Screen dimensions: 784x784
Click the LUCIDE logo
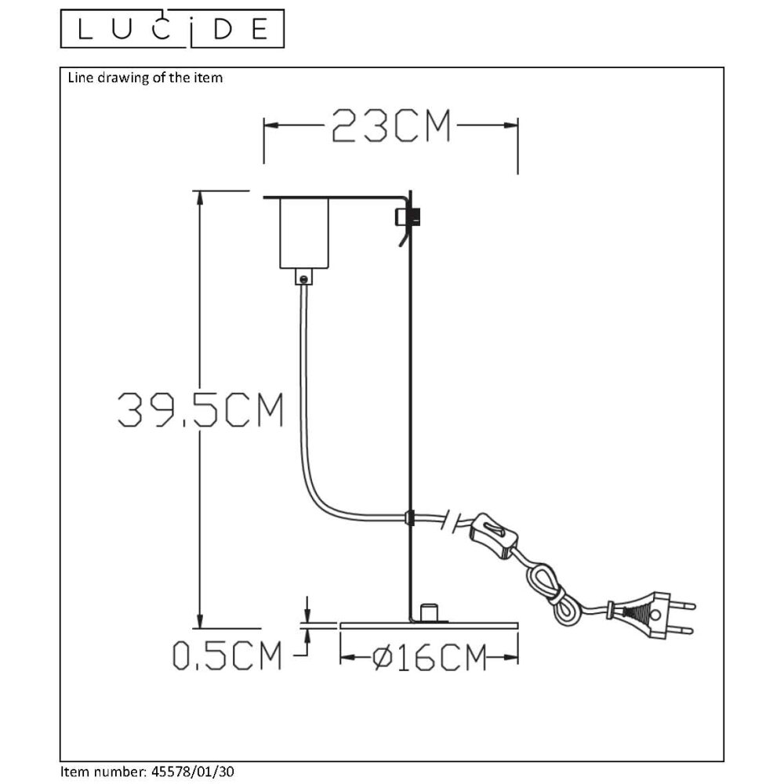coord(172,29)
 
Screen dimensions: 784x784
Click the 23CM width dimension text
coord(391,125)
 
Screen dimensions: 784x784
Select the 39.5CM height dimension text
coord(200,410)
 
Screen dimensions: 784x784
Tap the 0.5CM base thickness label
coord(227,656)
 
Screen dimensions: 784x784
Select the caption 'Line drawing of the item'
coord(145,78)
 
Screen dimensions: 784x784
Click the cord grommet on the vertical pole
coord(408,517)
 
